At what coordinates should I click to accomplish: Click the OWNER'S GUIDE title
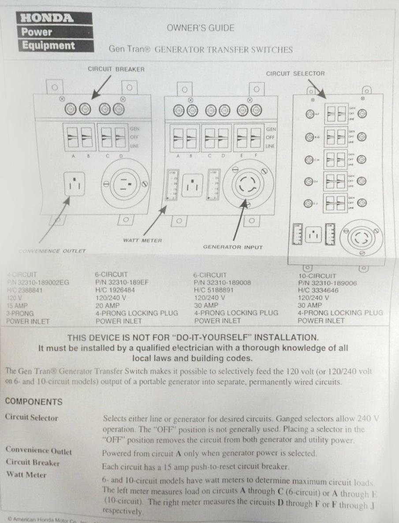[x=200, y=28]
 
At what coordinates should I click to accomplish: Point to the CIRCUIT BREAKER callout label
[x=116, y=69]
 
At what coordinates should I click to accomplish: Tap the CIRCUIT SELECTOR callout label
[x=295, y=74]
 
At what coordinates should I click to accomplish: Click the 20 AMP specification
[x=108, y=305]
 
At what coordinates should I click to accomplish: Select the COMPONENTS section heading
[x=34, y=402]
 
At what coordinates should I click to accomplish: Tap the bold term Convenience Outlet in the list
[x=38, y=451]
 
